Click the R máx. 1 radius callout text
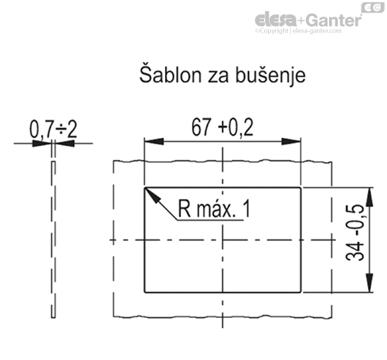tap(213, 210)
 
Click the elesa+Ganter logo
tap(308, 19)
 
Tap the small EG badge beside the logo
tap(371, 8)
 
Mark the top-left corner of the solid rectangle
tap(144, 188)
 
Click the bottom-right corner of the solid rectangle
tap(302, 291)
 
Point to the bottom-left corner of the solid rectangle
tap(144, 291)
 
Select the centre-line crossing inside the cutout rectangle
tap(223, 239)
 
